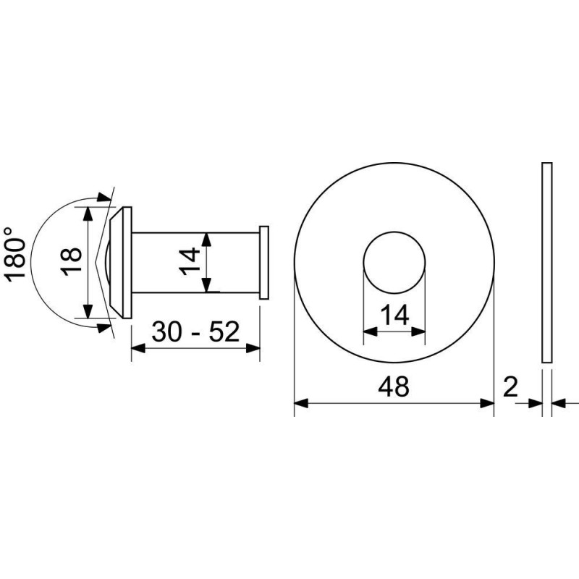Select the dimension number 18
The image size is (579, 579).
pyautogui.click(x=71, y=261)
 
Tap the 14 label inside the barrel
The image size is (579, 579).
pyautogui.click(x=190, y=261)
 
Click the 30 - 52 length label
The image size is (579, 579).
pyautogui.click(x=195, y=331)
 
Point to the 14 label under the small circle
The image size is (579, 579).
pyautogui.click(x=394, y=315)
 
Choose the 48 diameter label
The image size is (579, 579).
pyautogui.click(x=394, y=386)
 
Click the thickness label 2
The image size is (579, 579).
pyautogui.click(x=511, y=386)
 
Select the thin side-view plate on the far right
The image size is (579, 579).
pyautogui.click(x=547, y=263)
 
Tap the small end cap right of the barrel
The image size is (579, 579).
pyautogui.click(x=264, y=263)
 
